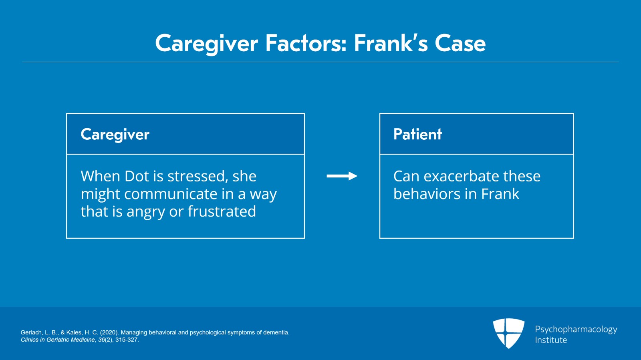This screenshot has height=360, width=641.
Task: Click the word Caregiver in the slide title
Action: [x=207, y=44]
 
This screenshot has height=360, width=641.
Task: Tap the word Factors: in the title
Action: [x=306, y=43]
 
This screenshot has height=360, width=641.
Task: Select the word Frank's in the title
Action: [x=391, y=43]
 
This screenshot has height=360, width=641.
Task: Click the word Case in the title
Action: [x=460, y=43]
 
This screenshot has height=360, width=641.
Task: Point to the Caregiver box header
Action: [x=115, y=135]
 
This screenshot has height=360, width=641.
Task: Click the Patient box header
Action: [x=417, y=134]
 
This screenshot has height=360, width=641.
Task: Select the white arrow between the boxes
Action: [x=342, y=176]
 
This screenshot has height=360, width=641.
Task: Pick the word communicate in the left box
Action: [x=171, y=194]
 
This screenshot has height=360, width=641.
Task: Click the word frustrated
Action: [x=222, y=211]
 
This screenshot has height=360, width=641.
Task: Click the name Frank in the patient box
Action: [x=500, y=194]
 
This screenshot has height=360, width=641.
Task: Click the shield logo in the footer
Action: [x=509, y=334]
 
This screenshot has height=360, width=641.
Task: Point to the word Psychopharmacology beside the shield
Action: [x=576, y=330]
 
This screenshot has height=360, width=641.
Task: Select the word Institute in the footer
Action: [x=551, y=340]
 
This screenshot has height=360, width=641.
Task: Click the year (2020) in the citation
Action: [x=109, y=332]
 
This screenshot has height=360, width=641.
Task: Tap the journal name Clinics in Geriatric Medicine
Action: [x=58, y=340]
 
